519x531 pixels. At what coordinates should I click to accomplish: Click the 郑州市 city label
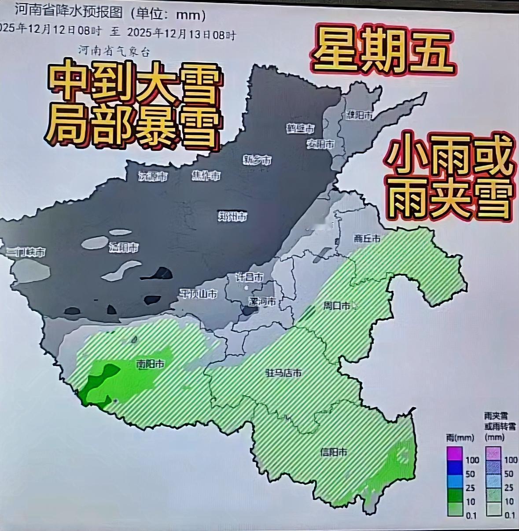point(232,216)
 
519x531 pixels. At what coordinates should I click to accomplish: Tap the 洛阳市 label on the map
point(124,248)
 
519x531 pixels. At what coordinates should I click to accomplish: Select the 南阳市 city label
point(151,364)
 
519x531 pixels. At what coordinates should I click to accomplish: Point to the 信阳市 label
point(333,452)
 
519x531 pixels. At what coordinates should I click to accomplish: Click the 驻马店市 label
point(283,373)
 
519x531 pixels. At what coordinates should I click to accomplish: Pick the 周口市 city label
point(337,305)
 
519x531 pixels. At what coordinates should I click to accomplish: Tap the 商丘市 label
point(367,238)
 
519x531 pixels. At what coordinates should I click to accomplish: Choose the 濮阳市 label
point(359,115)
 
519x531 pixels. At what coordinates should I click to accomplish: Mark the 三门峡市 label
point(26,252)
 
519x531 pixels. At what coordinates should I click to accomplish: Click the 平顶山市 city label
point(198,294)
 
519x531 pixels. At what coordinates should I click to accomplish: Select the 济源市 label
point(153,177)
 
